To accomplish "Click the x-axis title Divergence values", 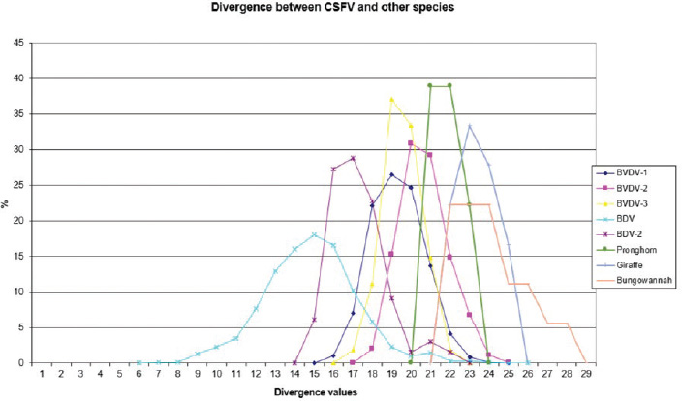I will point(315,391).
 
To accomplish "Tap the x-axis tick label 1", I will point(43,373).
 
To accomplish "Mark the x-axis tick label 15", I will point(314,373).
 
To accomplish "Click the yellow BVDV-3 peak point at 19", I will point(391,99).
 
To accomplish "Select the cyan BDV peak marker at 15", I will point(314,234).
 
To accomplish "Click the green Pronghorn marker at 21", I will point(430,85).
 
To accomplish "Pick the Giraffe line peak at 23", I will point(469,125).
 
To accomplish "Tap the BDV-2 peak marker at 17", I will point(353,158).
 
